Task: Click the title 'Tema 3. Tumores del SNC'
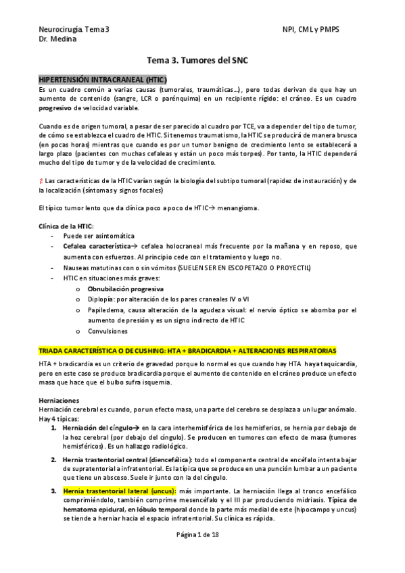coord(202,60)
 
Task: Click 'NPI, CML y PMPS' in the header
coord(312,30)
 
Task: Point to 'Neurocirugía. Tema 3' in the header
coord(74,30)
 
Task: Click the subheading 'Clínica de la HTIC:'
coord(66,226)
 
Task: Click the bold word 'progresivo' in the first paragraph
coord(57,108)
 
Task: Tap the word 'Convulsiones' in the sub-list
coord(108,331)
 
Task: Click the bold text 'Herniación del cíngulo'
coord(96,428)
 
